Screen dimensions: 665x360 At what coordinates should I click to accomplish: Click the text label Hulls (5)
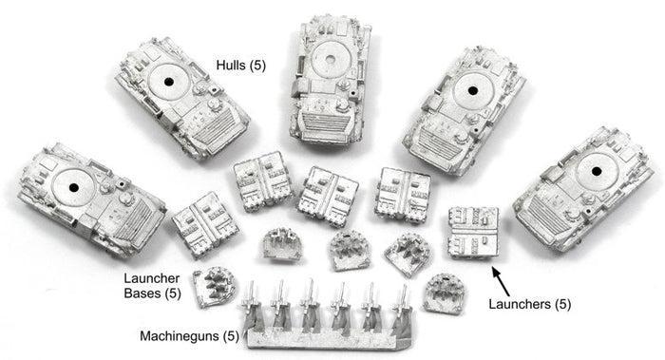pos(241,66)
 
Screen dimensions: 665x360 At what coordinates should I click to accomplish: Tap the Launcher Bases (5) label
pos(152,286)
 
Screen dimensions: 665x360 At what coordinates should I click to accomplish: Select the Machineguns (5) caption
pos(190,336)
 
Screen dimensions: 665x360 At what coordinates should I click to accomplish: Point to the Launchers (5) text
pos(530,304)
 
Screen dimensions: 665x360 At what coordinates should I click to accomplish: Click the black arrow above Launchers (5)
pos(501,281)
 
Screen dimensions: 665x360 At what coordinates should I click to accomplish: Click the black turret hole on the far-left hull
pos(74,187)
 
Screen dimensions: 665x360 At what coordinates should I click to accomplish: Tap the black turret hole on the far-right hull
pos(597,172)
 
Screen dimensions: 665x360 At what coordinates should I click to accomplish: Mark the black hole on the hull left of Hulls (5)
pos(169,82)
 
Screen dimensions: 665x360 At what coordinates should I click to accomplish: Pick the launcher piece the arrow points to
pos(473,233)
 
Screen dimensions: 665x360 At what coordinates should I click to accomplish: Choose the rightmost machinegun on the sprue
pos(402,308)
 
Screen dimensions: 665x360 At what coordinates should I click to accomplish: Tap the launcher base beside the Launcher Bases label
pos(215,286)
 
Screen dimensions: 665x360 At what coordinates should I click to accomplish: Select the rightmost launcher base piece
pos(444,294)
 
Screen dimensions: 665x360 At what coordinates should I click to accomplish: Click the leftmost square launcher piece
pos(205,224)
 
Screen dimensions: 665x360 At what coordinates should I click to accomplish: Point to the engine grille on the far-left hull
pos(133,224)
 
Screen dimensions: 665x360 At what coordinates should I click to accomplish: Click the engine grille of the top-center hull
pos(324,122)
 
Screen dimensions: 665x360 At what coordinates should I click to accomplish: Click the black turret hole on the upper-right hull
pos(472,90)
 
